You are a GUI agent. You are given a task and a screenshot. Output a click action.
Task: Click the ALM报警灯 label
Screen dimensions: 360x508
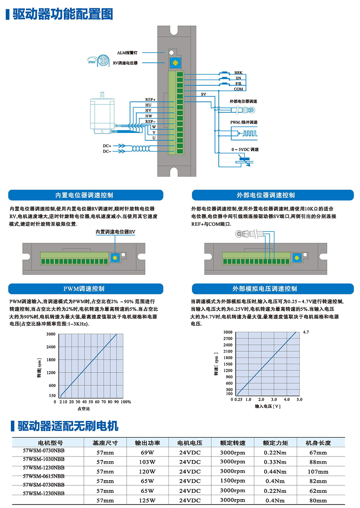coord(127,53)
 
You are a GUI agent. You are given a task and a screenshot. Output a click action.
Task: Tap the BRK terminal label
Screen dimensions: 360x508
coord(238,72)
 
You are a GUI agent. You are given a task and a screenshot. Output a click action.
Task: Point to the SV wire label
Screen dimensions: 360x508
coord(203,94)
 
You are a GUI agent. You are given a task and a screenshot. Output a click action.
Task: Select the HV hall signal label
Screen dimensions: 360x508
coord(148,111)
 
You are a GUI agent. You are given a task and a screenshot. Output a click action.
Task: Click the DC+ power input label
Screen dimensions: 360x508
coord(107,146)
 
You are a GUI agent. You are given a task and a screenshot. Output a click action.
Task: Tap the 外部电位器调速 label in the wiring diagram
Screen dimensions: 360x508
coord(243,101)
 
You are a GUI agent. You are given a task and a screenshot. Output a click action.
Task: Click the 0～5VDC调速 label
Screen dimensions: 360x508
coord(245,150)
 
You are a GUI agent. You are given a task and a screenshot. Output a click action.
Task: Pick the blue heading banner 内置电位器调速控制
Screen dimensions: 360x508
coord(86,195)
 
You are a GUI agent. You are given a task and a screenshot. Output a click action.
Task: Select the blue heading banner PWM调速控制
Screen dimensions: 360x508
coord(86,289)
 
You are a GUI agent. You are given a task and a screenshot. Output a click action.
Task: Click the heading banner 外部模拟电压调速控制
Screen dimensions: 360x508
coord(273,289)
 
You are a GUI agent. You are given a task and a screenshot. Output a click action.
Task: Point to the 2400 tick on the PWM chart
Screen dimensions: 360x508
coord(51,347)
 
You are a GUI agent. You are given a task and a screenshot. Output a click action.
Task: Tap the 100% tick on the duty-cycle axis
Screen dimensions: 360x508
coord(126,402)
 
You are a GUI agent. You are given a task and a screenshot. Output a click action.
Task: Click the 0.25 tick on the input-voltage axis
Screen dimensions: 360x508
coord(238,399)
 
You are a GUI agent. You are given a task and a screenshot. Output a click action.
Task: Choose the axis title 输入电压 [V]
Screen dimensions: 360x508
coord(267,406)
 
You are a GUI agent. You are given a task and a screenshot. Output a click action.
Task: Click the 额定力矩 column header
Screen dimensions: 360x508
coord(275,443)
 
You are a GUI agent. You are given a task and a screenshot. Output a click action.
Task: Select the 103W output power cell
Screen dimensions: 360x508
coord(147,462)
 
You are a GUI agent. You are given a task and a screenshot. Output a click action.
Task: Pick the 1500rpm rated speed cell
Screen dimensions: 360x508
coord(233,481)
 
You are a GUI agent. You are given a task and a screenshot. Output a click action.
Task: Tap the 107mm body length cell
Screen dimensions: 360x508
coord(318,472)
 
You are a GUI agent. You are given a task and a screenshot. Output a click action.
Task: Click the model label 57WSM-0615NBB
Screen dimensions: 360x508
coord(44,476)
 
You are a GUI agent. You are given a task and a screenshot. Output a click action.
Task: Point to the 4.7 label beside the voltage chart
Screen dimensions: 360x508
coord(306,332)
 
